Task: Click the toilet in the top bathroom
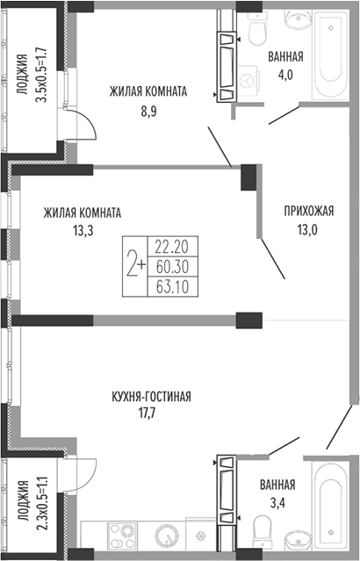point(257,28)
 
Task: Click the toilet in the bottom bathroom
point(263,532)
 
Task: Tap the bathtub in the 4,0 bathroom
point(330,54)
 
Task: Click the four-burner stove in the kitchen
point(122,536)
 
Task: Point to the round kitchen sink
point(167,536)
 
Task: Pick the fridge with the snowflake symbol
point(200,534)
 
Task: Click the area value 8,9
point(149,111)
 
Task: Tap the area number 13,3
point(83,231)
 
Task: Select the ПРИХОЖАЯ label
point(309,211)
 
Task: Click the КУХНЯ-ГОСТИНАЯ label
point(151,397)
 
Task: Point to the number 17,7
point(148,414)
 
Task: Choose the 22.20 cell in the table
point(172,246)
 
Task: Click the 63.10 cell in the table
point(172,286)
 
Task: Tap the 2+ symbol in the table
point(136,266)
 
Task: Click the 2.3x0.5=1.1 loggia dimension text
point(41,505)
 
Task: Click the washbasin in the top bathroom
point(297,18)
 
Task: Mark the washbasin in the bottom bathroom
point(298,540)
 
